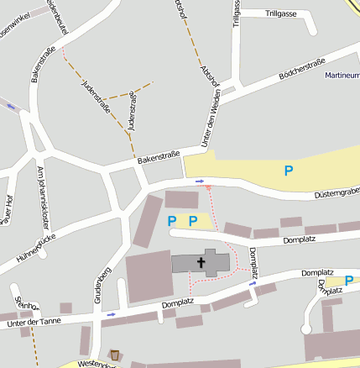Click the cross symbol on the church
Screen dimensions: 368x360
201,263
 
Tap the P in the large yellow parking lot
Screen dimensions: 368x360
289,171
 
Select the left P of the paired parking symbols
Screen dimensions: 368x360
172,221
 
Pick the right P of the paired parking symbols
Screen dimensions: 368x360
192,221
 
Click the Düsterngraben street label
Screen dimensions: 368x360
336,192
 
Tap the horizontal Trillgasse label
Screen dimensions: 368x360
281,14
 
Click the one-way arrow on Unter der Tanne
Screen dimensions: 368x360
112,314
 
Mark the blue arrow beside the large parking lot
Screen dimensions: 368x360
200,181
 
